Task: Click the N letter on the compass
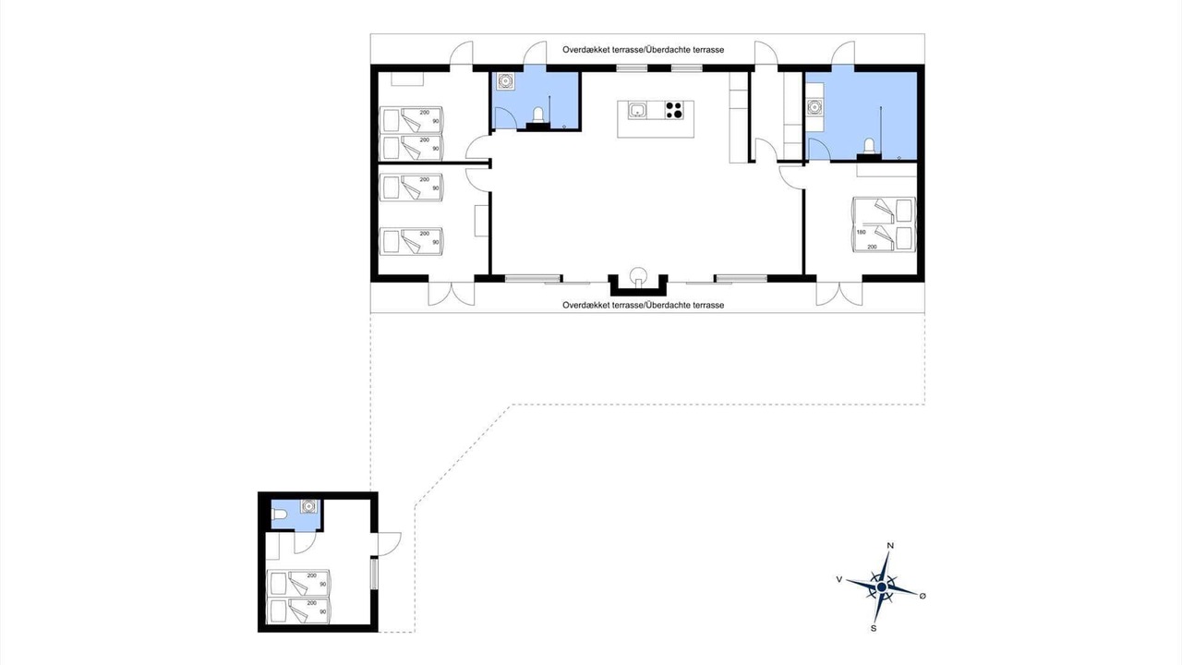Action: coord(890,546)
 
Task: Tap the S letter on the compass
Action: coord(874,629)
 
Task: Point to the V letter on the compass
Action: coord(839,579)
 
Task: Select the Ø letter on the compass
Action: coord(923,596)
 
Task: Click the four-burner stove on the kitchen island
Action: coord(674,110)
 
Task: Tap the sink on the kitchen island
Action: coord(637,110)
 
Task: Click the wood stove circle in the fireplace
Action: coord(638,275)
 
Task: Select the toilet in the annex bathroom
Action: coord(279,514)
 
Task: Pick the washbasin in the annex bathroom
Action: coord(308,507)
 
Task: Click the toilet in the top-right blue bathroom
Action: coord(869,145)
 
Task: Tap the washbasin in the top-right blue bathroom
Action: coord(814,107)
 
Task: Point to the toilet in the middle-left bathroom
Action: coord(538,115)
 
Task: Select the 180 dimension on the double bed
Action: coord(862,232)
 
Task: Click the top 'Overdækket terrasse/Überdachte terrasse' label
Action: coord(644,50)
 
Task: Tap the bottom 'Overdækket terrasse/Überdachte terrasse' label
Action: coord(644,305)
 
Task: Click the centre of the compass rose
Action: coord(882,587)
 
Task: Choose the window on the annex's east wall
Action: coord(374,574)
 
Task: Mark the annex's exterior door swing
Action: coord(391,544)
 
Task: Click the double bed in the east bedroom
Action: coord(884,224)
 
